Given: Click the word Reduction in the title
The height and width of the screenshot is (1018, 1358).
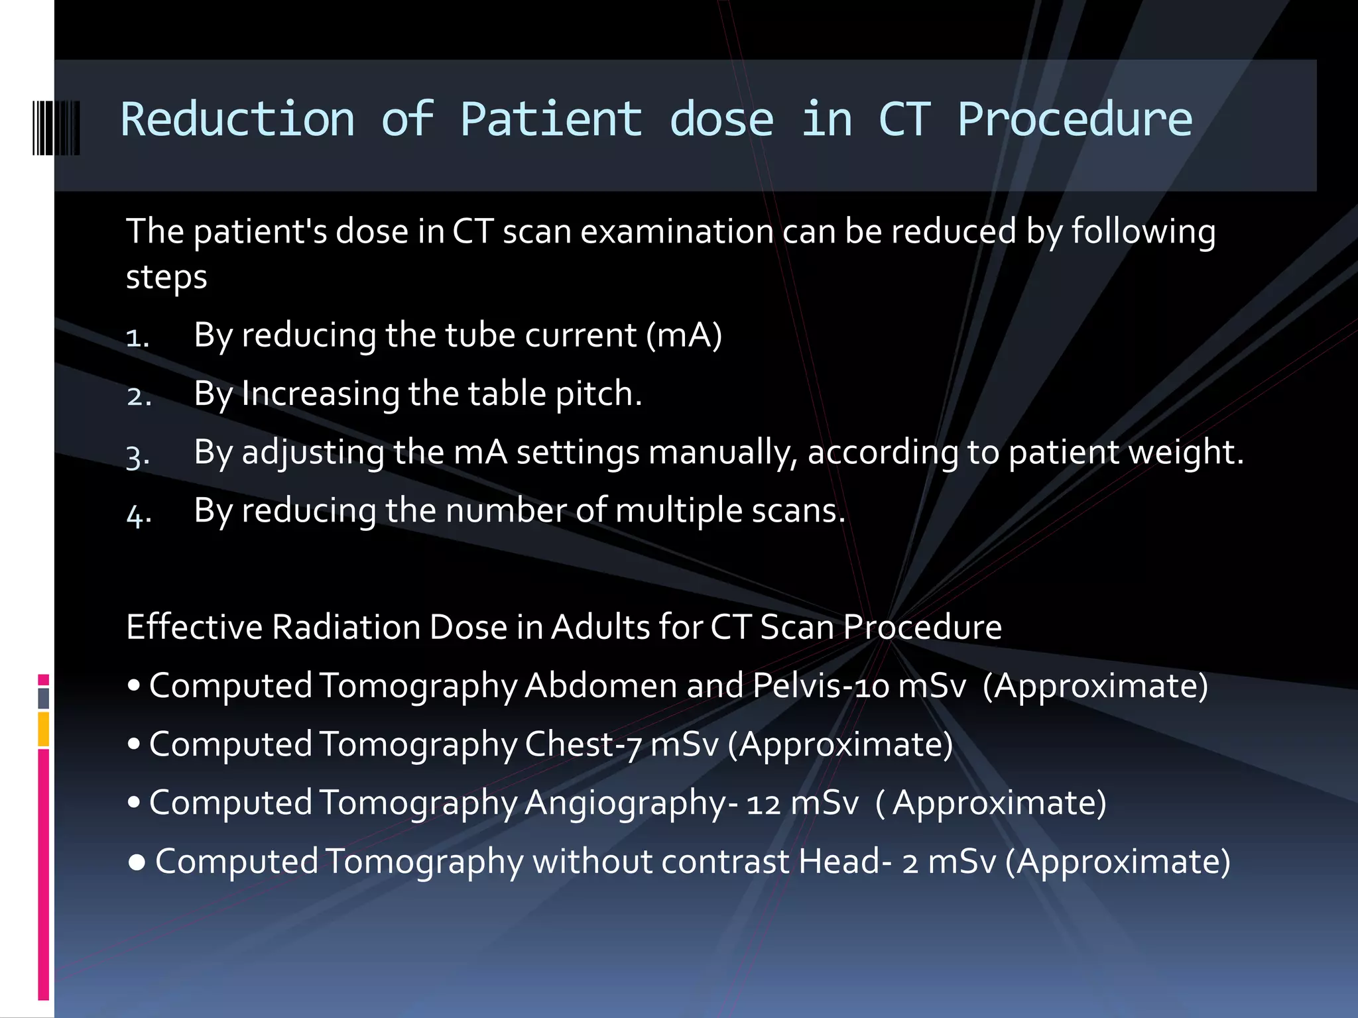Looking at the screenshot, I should click(237, 120).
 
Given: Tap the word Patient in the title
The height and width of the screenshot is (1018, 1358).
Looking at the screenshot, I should click(551, 120).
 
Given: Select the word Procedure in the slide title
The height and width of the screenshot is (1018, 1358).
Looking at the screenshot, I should click(1074, 120).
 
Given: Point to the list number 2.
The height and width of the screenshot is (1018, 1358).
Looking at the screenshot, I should click(139, 396).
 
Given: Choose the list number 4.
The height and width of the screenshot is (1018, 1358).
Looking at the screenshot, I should click(139, 514).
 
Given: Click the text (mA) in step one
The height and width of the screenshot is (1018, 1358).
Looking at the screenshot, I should click(684, 335).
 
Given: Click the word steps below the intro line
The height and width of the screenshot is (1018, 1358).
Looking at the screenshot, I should click(166, 277).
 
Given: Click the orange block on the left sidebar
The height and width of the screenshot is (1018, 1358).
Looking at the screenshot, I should click(43, 729).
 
